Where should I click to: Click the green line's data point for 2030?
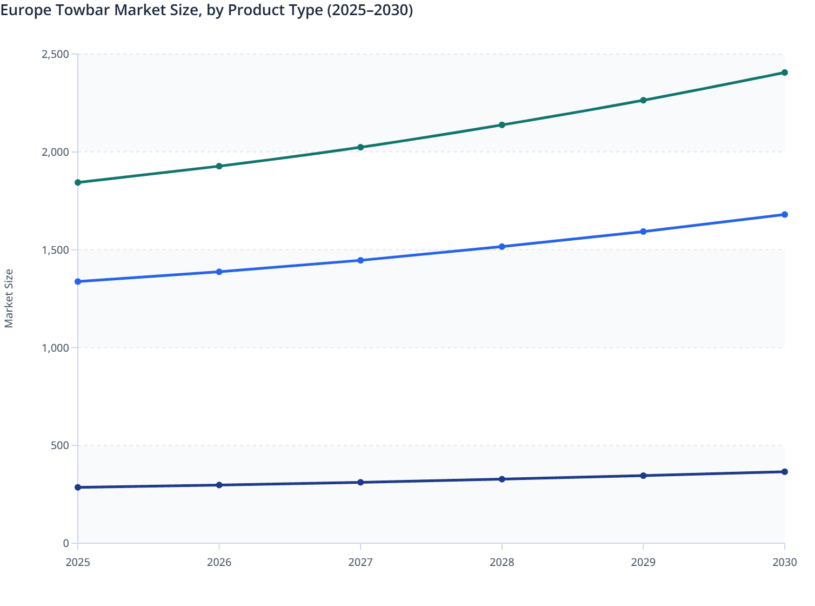coord(784,73)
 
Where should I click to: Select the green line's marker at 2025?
coord(78,182)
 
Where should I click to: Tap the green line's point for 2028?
coord(502,125)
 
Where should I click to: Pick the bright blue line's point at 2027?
coord(360,260)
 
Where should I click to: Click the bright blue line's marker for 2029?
coord(643,232)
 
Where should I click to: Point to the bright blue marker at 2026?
coord(219,272)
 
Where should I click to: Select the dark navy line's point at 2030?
coord(784,472)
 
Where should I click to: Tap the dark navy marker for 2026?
coord(219,485)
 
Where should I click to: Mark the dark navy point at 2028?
coord(502,479)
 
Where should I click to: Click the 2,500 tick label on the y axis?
coord(55,54)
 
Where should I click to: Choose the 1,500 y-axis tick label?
coord(55,250)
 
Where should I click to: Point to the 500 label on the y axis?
coord(60,445)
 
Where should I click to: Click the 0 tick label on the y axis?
coord(66,543)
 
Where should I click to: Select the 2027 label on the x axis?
coord(360,562)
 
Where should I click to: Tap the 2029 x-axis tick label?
coord(643,562)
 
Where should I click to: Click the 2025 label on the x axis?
coord(78,562)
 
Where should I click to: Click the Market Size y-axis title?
coord(9,299)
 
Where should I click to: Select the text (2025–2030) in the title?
coord(370,10)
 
